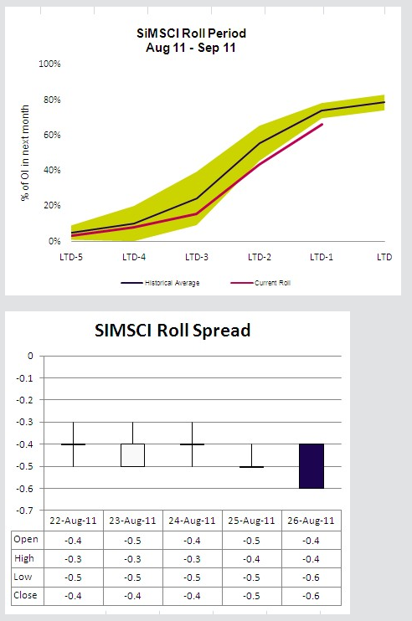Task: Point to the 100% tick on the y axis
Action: (x=50, y=64)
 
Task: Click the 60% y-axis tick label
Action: (x=52, y=135)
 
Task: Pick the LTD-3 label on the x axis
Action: (x=196, y=254)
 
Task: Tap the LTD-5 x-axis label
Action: (x=74, y=254)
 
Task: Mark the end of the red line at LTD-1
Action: (x=322, y=125)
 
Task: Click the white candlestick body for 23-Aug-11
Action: (x=132, y=454)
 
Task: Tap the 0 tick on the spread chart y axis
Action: (x=31, y=356)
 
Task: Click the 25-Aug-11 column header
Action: (x=253, y=521)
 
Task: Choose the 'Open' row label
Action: (x=26, y=539)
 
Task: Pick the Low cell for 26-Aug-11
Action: (x=312, y=577)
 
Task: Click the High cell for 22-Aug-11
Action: (x=73, y=558)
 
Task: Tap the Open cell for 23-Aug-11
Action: (x=132, y=539)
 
